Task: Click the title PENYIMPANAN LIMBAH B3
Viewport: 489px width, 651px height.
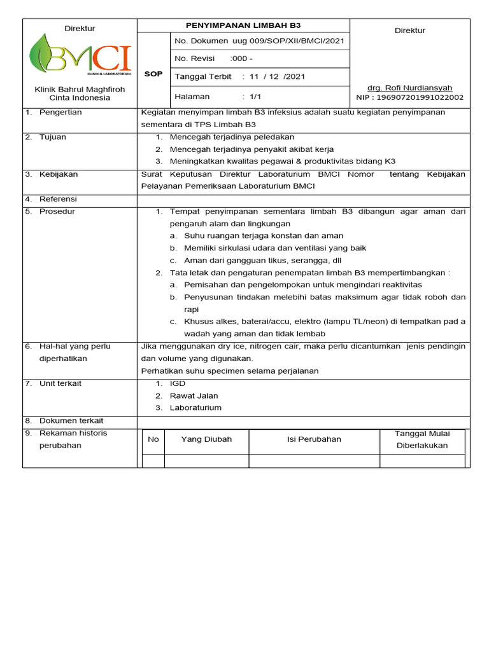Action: [x=243, y=25]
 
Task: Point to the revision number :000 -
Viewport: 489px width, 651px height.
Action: [x=241, y=59]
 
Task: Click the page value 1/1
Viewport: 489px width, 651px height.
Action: [x=256, y=97]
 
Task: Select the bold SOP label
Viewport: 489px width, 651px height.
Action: [x=153, y=74]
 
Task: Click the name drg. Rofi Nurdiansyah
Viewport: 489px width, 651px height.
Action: [x=410, y=87]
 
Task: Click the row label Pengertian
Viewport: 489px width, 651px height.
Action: [x=60, y=113]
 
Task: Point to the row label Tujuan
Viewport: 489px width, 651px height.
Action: [x=52, y=137]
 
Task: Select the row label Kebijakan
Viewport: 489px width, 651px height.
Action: [x=59, y=174]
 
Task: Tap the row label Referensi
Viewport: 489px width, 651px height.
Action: [x=59, y=199]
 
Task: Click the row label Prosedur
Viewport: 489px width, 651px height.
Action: [x=57, y=212]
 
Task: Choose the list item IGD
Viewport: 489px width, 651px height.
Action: [x=177, y=384]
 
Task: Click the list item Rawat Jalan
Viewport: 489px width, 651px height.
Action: [x=190, y=396]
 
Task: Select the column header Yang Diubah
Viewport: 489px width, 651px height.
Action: [x=206, y=439]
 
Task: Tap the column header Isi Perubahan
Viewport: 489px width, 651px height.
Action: [x=314, y=439]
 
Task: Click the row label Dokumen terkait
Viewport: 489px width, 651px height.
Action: [x=71, y=421]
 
